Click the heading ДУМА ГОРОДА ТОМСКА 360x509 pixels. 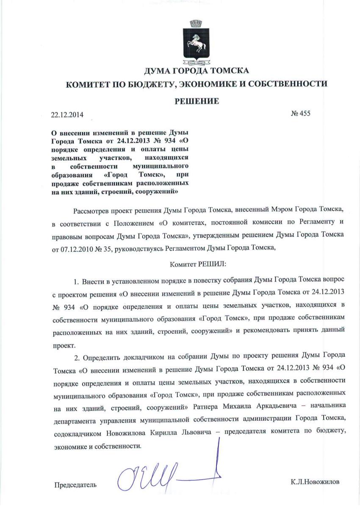[197, 70]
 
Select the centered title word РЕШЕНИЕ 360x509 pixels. [197, 101]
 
